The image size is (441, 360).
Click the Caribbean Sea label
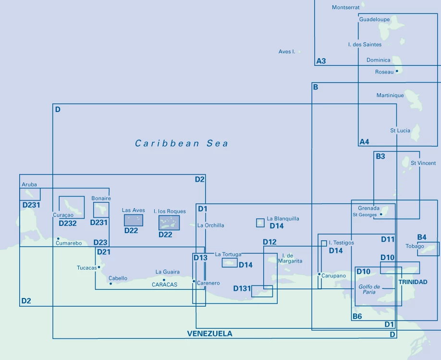pyautogui.click(x=182, y=143)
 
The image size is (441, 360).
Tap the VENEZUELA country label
pyautogui.click(x=209, y=334)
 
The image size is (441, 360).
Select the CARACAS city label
pyautogui.click(x=164, y=285)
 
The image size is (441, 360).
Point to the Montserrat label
pyautogui.click(x=345, y=8)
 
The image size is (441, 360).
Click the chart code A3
pyautogui.click(x=321, y=61)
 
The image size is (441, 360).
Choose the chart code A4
pyautogui.click(x=364, y=142)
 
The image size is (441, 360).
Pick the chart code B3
pyautogui.click(x=380, y=156)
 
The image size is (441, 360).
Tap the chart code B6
pyautogui.click(x=357, y=316)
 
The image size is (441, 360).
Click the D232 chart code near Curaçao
pyautogui.click(x=68, y=223)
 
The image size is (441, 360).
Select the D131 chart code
pyautogui.click(x=242, y=289)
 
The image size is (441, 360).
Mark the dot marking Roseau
pyautogui.click(x=397, y=72)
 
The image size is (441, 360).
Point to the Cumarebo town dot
pyautogui.click(x=58, y=238)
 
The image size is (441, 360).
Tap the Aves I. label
pyautogui.click(x=287, y=51)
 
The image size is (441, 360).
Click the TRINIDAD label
pyautogui.click(x=413, y=282)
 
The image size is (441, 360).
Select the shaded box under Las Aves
pyautogui.click(x=133, y=220)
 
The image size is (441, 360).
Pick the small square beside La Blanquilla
pyautogui.click(x=260, y=223)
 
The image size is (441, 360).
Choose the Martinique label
pyautogui.click(x=390, y=96)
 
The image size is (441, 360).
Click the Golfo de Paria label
pyautogui.click(x=369, y=289)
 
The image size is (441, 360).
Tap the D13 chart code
pyautogui.click(x=200, y=258)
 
